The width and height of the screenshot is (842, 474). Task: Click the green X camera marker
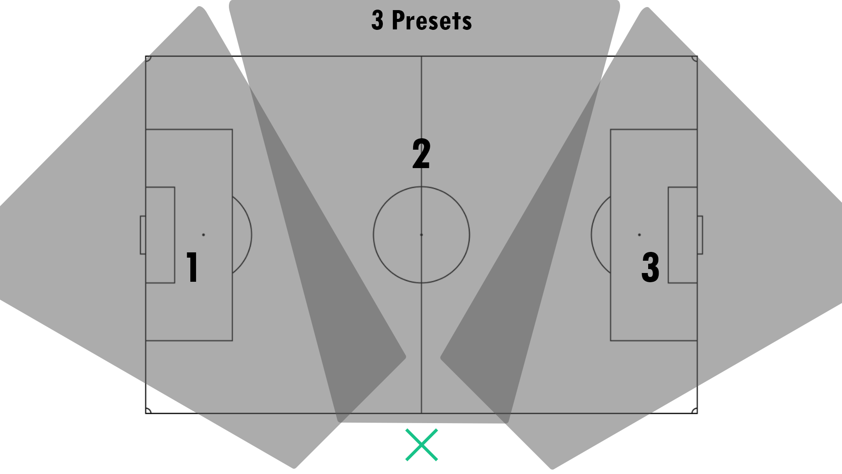(x=421, y=445)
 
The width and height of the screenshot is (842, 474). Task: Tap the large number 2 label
(x=421, y=153)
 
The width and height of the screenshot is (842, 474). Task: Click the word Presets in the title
(x=432, y=20)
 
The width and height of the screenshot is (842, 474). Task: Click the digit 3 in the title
(x=377, y=20)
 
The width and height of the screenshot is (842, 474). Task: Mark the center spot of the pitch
(x=421, y=235)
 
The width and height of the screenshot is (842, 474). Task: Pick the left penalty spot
(x=203, y=235)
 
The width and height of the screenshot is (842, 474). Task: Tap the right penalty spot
(x=639, y=235)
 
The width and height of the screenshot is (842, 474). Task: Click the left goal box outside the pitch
(x=143, y=235)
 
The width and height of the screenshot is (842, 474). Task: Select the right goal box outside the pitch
(x=700, y=235)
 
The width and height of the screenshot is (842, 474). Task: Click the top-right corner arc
(x=694, y=59)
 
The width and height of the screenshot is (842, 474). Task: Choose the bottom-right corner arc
(x=694, y=410)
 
